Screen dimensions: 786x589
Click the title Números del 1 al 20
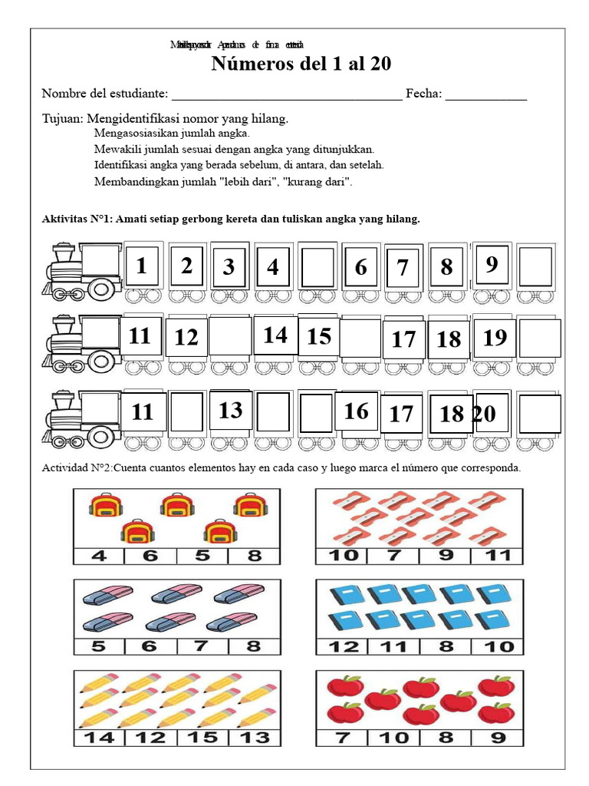point(301,64)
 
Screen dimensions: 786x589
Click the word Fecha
point(423,94)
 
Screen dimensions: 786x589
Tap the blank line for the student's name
point(286,95)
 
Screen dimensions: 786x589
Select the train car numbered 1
point(142,266)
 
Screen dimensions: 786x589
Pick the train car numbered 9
point(492,265)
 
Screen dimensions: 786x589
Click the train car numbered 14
point(275,335)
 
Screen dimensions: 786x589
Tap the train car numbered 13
point(230,411)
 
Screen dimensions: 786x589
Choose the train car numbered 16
point(356,411)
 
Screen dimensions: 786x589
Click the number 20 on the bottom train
point(484,414)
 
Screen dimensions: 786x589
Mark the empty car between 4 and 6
point(317,267)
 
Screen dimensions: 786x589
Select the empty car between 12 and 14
point(230,336)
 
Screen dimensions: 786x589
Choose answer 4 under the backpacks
point(99,556)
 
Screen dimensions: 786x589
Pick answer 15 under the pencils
point(202,738)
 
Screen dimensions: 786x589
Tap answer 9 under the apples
point(496,738)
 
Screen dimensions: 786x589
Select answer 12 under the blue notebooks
point(343,646)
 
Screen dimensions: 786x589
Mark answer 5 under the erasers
point(99,646)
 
